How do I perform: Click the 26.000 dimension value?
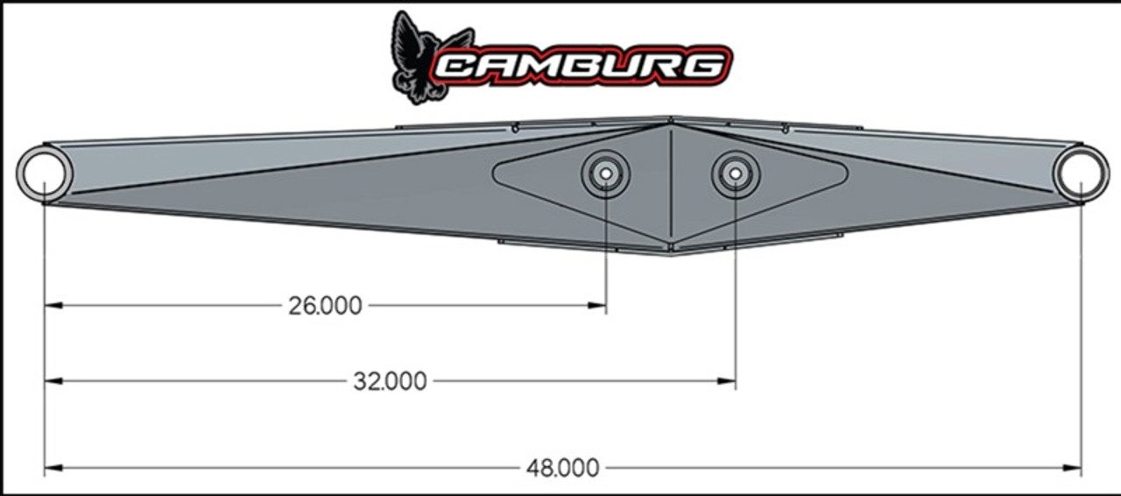coord(325,306)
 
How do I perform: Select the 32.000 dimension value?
coord(391,381)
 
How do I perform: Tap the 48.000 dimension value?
coord(563,468)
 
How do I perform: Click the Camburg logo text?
coord(582,65)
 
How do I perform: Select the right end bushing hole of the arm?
coord(1081,174)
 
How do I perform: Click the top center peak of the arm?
coord(670,118)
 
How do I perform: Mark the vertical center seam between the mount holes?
coord(670,184)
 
